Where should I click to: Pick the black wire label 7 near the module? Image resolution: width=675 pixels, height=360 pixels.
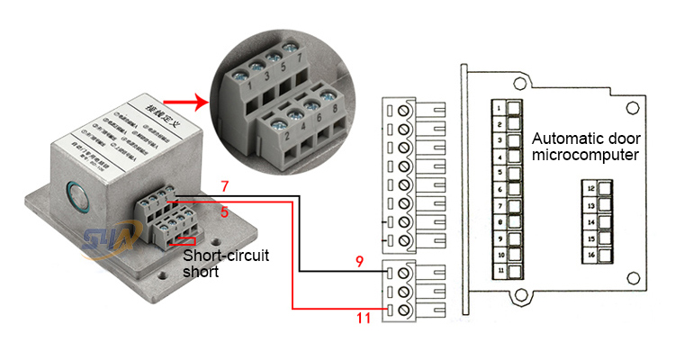(x=226, y=186)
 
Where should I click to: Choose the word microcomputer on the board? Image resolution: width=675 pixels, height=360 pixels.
(x=586, y=155)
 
